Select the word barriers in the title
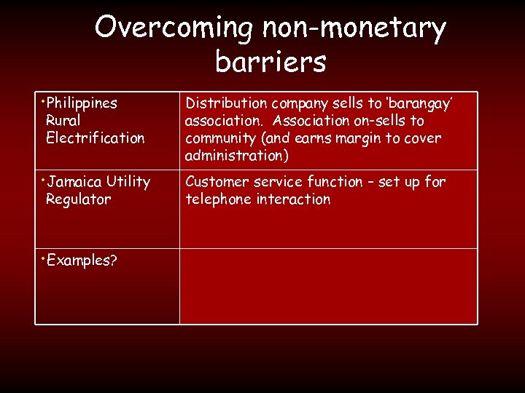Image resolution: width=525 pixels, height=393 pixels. [271, 63]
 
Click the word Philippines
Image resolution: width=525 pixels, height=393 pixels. [82, 103]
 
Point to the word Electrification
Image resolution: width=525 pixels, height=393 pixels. [95, 138]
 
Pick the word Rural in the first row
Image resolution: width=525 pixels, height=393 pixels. [63, 121]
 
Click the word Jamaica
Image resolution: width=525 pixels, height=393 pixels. [74, 182]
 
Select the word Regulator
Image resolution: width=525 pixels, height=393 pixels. [78, 199]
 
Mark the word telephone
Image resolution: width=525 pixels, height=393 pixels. [218, 199]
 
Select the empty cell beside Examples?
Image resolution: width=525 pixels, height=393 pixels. [328, 286]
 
